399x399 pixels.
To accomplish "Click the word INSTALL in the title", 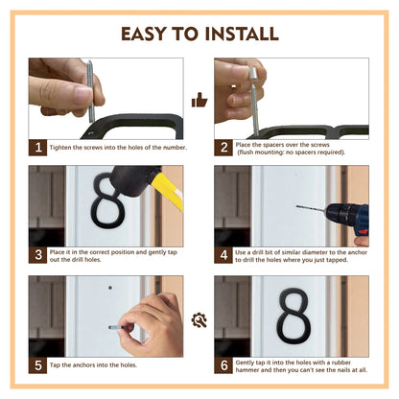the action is (242, 34).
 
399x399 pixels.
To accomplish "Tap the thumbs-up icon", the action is (199, 100).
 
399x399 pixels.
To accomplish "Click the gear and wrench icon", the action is (199, 320).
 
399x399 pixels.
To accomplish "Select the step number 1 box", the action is (37, 148).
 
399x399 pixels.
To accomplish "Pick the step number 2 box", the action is (223, 148).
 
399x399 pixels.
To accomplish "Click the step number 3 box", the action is (37, 255).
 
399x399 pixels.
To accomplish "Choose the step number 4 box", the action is (223, 255).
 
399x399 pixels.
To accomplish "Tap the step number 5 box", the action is (37, 365).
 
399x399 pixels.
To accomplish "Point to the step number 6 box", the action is (223, 365).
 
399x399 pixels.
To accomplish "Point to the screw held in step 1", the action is (90, 91).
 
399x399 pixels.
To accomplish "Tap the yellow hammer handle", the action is (167, 193).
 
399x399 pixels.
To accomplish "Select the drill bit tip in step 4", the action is (297, 207).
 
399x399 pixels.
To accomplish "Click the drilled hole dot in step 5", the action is (110, 288).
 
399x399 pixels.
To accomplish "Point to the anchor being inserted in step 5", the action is (113, 327).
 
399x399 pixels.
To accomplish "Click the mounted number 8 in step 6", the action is (293, 317).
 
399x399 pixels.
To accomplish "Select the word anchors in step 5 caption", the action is (83, 365).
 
